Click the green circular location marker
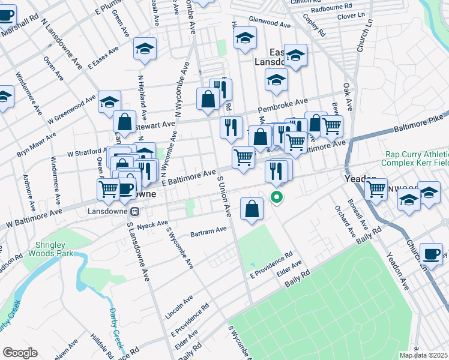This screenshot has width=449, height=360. coord(277,196)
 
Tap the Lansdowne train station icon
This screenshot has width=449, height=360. coord(135,211)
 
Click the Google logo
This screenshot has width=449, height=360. coord(20,352)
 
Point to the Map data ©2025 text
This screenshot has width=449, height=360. coord(423,355)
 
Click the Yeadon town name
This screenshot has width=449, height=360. coord(360,179)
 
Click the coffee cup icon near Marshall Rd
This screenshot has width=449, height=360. coord(6,15)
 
